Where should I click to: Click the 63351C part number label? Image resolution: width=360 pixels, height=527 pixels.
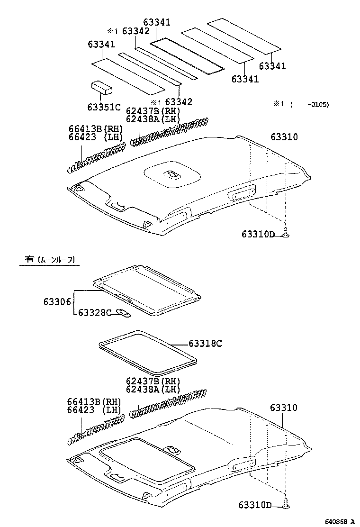tap(104, 107)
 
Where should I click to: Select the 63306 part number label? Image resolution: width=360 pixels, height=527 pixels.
tap(57, 301)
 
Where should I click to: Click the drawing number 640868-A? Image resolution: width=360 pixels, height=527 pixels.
tap(340, 521)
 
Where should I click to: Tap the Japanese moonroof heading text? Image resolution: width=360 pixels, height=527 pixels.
tap(49, 259)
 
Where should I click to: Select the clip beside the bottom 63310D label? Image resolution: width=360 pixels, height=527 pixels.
tap(286, 506)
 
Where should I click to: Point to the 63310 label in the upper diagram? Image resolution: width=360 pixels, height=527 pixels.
tap(284, 137)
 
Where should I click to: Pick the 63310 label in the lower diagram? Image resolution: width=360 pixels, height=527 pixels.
tap(284, 408)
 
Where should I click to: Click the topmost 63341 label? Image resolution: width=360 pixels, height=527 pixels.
tap(157, 22)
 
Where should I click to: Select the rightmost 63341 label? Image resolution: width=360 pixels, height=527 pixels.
tap(272, 66)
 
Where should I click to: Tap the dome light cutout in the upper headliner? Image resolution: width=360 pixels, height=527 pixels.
tap(171, 175)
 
